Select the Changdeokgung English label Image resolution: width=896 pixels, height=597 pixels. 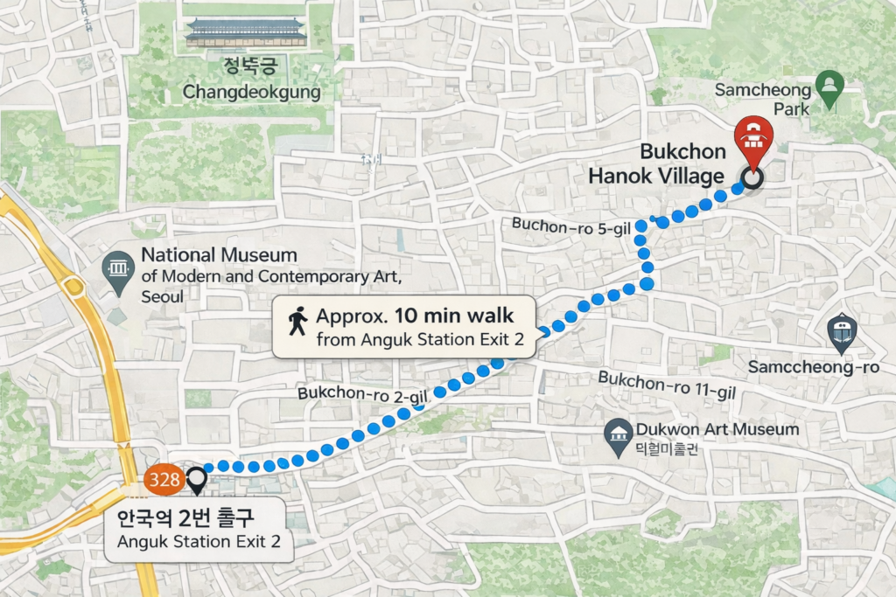click(251, 92)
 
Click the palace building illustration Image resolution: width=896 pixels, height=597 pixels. click(246, 32)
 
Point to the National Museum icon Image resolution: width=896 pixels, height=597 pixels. click(117, 270)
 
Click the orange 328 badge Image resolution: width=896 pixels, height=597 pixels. click(164, 479)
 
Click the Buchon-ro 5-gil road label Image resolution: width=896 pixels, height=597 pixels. click(570, 225)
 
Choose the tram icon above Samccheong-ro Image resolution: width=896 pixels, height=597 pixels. click(842, 332)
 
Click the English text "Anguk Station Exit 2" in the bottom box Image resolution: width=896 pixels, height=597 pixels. click(199, 542)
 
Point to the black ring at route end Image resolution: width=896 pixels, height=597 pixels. click(752, 178)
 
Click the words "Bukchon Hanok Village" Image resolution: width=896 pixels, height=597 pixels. click(656, 163)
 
